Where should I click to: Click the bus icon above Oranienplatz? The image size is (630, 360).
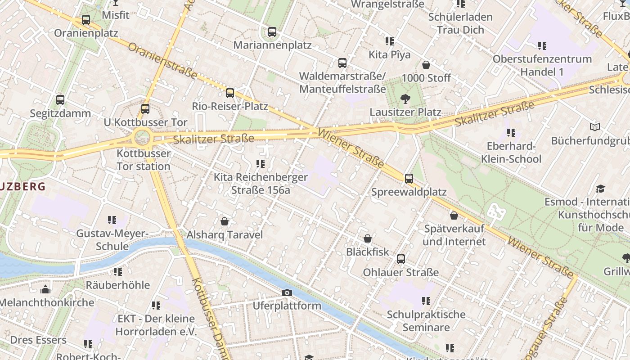[x=85, y=20]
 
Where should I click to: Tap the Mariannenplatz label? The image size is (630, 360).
[x=272, y=45]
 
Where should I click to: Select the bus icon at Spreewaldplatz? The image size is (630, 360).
[x=409, y=179]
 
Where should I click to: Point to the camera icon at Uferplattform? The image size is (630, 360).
[x=287, y=293]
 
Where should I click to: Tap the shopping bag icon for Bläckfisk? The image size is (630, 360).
[x=368, y=238]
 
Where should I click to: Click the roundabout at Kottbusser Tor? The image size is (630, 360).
[x=142, y=136]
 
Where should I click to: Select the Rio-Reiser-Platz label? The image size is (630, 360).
[x=230, y=106]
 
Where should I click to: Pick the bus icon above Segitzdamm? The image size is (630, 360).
[x=60, y=100]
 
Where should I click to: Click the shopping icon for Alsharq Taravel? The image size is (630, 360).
[x=225, y=221]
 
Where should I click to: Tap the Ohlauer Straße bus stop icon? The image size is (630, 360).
[x=400, y=259]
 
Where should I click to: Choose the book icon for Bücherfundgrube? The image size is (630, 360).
[x=595, y=127]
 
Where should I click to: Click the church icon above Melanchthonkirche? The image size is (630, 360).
[x=45, y=289]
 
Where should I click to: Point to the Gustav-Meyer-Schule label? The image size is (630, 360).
[x=112, y=240]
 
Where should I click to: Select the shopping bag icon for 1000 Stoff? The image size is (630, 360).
[x=426, y=65]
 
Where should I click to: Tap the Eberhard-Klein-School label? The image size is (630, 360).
[x=511, y=153]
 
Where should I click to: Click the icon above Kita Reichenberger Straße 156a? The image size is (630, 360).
[x=260, y=164]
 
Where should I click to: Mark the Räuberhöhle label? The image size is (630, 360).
[x=117, y=285]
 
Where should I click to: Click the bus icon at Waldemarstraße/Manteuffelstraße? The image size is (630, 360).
[x=342, y=63]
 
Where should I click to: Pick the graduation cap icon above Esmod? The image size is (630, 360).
[x=600, y=189]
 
